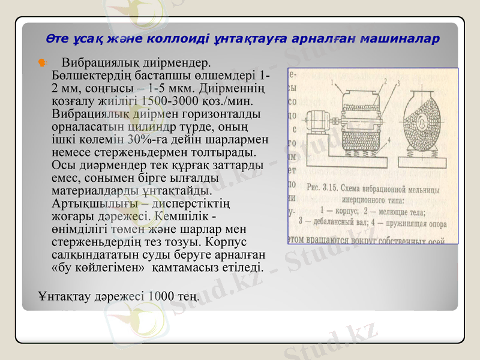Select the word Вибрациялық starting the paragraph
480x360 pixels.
pos(101,62)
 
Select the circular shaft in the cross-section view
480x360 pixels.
pos(424,123)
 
